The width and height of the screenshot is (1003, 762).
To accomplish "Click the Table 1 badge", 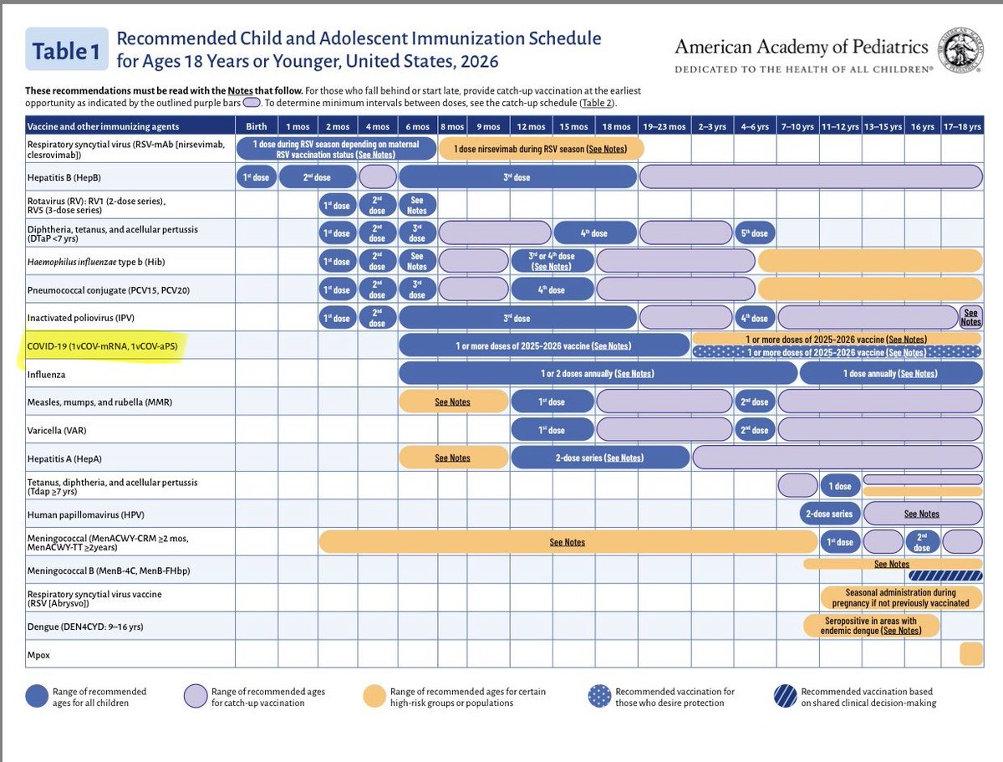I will [x=65, y=51].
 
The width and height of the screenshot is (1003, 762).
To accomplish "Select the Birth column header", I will [x=256, y=126].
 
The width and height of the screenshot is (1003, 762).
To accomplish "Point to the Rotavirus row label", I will [x=96, y=205].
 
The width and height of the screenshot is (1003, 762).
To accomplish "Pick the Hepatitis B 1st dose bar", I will [x=256, y=177].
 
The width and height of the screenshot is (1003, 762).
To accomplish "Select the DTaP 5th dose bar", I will [x=754, y=233].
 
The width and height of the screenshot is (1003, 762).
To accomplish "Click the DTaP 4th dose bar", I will [x=593, y=233].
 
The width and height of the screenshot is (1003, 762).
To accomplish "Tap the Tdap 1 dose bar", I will [x=840, y=486].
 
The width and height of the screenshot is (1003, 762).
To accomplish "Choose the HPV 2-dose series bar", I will [x=830, y=514].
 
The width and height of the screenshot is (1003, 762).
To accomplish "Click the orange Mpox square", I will [x=970, y=653].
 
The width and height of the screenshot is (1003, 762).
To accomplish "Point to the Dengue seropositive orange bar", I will [x=871, y=626].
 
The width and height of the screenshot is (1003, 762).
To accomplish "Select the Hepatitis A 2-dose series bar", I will [x=600, y=458].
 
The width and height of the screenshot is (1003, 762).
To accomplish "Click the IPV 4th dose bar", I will [x=754, y=318].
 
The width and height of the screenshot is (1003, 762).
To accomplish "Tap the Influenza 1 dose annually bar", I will [x=891, y=373].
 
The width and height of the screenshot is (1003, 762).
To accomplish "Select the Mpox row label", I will [x=38, y=653].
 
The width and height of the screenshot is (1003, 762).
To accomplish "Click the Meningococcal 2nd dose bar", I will [x=921, y=542].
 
